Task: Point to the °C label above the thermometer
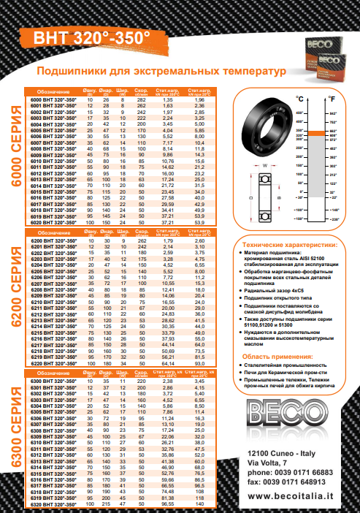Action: [299, 98]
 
